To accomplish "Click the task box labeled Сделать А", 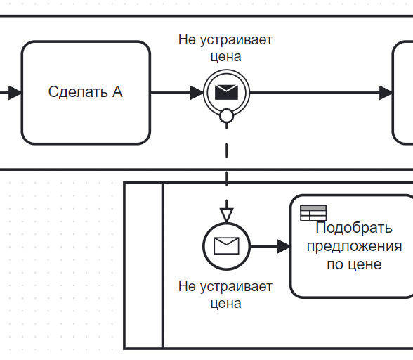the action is (86, 93).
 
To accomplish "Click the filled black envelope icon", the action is (226, 92).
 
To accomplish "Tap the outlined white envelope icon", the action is (226, 246).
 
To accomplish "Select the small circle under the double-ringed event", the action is (226, 116).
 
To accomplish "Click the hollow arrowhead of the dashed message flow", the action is (226, 215).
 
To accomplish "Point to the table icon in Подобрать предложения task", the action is (313, 213).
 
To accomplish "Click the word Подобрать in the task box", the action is (354, 228).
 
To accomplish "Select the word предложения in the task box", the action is (354, 247).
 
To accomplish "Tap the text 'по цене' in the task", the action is (354, 264).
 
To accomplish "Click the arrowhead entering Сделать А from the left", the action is (15, 93).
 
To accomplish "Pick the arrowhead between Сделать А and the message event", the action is (197, 93).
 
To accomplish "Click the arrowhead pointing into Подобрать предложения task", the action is (284, 247).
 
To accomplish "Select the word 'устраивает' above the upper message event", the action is (236, 40).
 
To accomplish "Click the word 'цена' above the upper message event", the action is (225, 57).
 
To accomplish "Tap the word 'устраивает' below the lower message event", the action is (236, 287).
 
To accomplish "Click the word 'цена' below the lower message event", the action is (225, 304).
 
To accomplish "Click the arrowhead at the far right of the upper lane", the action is (386, 93).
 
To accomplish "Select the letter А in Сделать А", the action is (117, 92).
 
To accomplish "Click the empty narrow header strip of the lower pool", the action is (143, 266).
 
